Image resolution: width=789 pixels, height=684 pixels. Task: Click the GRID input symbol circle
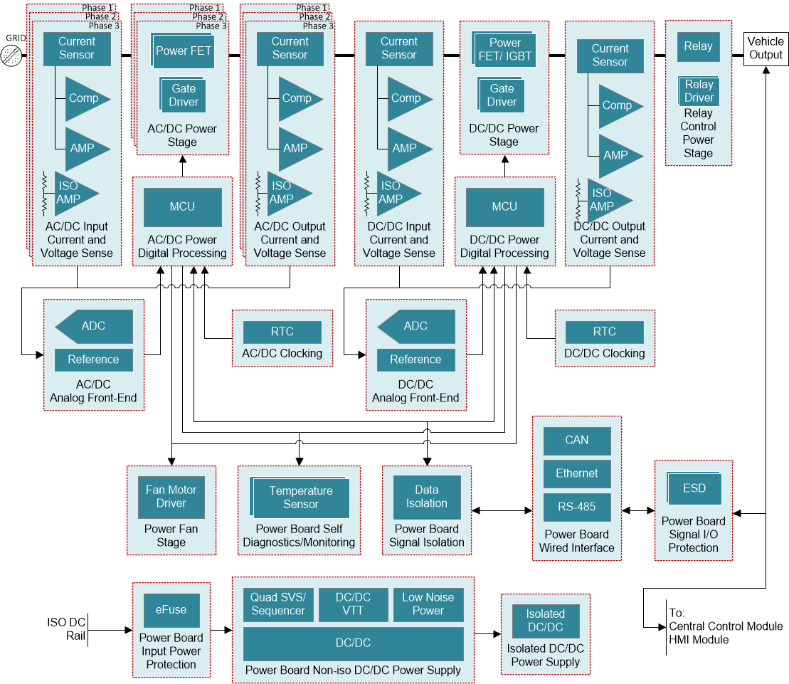(x=11, y=53)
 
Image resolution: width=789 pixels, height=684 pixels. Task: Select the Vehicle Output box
(x=765, y=48)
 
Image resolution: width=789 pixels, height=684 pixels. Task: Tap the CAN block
(x=576, y=441)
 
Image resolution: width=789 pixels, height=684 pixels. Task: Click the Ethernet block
(x=576, y=474)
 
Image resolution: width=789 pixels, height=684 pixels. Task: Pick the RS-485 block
(x=576, y=507)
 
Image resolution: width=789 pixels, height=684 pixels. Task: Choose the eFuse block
(x=171, y=610)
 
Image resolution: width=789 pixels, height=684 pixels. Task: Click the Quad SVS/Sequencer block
(x=277, y=604)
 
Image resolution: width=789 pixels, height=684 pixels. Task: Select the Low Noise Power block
(x=428, y=604)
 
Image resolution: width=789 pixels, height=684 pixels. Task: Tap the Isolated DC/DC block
(x=545, y=620)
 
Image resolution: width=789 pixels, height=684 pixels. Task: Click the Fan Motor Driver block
(x=171, y=496)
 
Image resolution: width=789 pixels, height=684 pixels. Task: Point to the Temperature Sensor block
(x=300, y=498)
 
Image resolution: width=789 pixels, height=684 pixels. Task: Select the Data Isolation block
(x=426, y=496)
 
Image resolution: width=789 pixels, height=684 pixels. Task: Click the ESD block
(x=694, y=488)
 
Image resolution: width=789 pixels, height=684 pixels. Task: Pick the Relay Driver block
(x=699, y=91)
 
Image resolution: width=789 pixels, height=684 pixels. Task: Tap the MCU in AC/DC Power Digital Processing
(x=182, y=206)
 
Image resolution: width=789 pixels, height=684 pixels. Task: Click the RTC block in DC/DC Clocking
(x=604, y=332)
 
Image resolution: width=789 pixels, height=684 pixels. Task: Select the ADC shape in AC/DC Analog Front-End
(x=94, y=326)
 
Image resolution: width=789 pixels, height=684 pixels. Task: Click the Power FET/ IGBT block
(x=504, y=49)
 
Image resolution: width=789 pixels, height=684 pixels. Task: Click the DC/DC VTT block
(x=353, y=604)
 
